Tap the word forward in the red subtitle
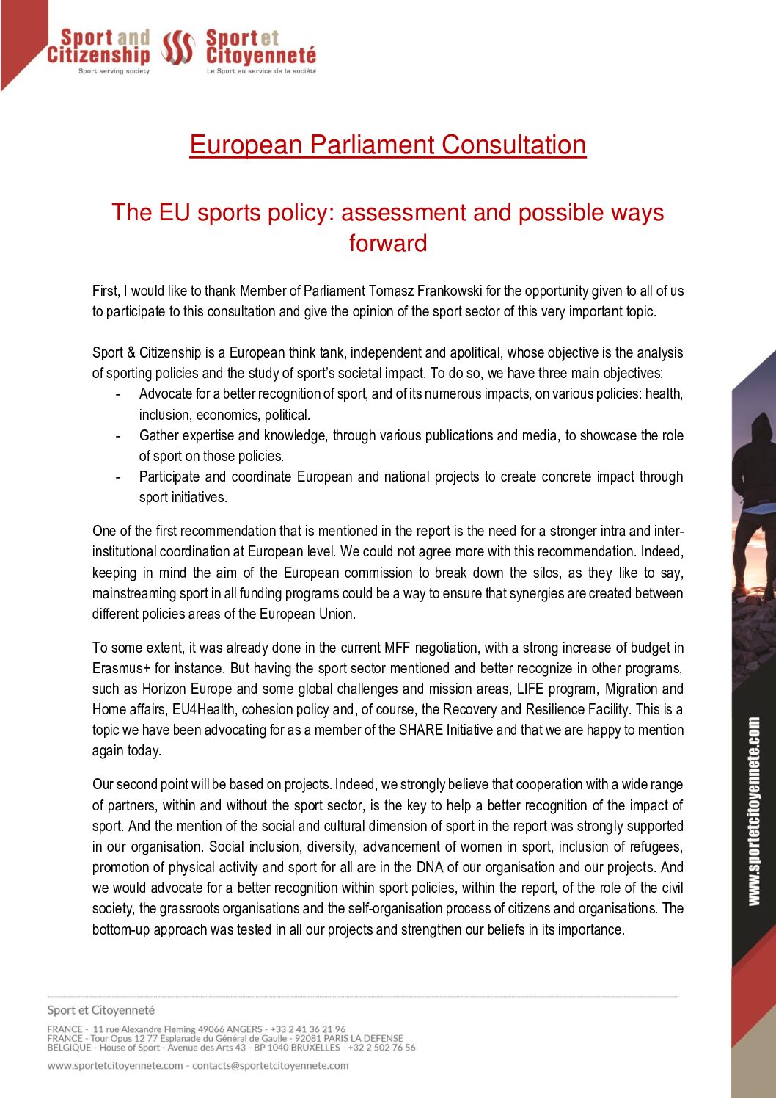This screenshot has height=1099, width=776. coord(387,243)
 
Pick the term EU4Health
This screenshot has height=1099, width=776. coord(205,710)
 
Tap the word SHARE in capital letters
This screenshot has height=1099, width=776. coord(421,730)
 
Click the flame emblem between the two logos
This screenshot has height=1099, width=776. coord(177,48)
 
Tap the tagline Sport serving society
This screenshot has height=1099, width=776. coord(114,71)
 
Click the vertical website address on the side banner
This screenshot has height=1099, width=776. coord(754,811)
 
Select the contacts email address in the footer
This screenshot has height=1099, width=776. coord(270,1066)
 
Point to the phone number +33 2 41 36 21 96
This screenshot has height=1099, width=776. coord(307,1029)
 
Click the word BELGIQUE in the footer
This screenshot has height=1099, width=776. coord(65,1048)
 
